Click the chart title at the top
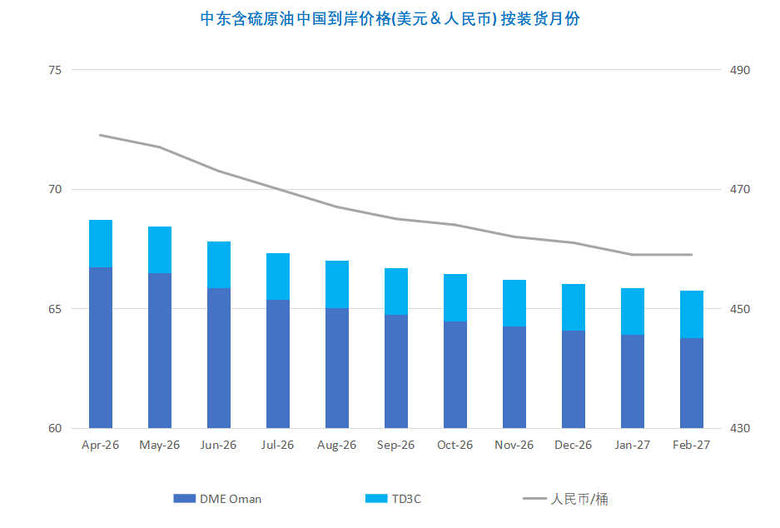(x=390, y=19)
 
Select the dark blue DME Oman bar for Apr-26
(x=101, y=348)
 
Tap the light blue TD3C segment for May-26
(x=160, y=250)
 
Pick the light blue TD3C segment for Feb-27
(x=692, y=314)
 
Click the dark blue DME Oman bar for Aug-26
(x=337, y=368)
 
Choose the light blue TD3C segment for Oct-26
(x=455, y=297)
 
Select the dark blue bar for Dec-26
(x=574, y=380)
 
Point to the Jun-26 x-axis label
(x=219, y=445)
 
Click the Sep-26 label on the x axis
(x=396, y=445)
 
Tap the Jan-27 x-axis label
(x=633, y=445)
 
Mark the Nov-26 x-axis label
(x=514, y=445)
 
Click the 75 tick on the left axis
(x=55, y=70)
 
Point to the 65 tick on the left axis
(x=55, y=309)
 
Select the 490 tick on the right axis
(x=740, y=70)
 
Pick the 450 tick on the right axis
(x=740, y=309)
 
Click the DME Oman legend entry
(x=218, y=499)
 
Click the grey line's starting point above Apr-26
(x=101, y=135)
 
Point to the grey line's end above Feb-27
(x=692, y=255)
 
